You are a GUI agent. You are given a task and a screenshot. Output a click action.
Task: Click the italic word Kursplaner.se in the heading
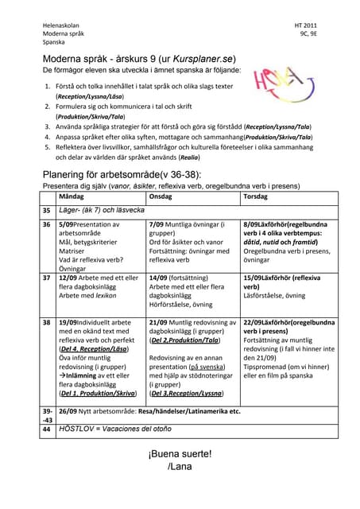pos(208,59)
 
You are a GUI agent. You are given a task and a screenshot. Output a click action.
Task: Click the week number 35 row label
pos(46,211)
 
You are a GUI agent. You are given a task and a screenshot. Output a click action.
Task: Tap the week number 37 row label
pos(46,278)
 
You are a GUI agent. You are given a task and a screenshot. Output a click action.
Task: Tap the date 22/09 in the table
pos(254,322)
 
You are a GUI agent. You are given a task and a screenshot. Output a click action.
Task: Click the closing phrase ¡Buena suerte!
pos(180,453)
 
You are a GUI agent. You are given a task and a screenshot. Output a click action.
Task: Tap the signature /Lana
pos(180,466)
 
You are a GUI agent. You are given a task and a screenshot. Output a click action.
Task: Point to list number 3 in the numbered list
pos(47,126)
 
